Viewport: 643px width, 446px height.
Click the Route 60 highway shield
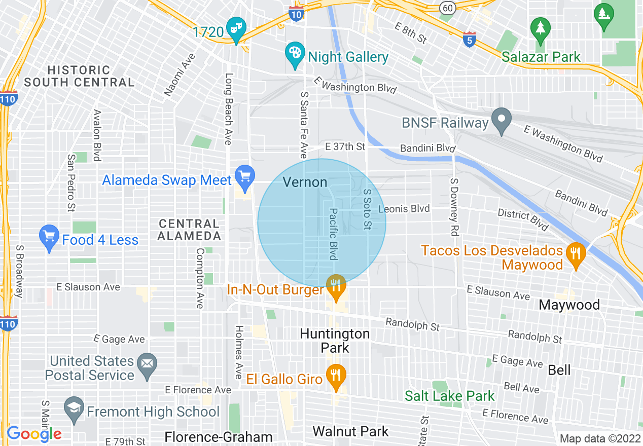[x=447, y=8]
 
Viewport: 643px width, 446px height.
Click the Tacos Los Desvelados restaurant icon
[x=575, y=252]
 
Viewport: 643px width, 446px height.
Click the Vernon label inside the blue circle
[x=305, y=182]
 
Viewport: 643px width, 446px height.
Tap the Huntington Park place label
[x=335, y=341]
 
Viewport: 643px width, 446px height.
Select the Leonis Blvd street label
[x=404, y=208]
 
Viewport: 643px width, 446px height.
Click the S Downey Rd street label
[x=453, y=207]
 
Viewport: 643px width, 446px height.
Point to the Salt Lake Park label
[x=449, y=396]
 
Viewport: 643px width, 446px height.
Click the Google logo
[x=34, y=434]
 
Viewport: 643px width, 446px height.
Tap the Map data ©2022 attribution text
[x=599, y=439]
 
